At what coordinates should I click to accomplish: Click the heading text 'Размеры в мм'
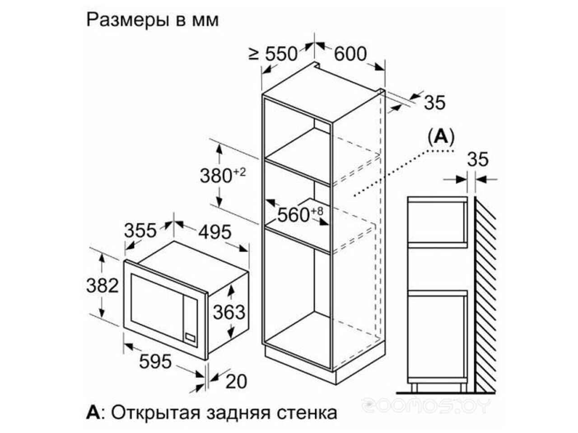(153, 20)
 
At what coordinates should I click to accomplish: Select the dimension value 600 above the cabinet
(350, 54)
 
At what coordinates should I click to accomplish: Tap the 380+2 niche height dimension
(223, 175)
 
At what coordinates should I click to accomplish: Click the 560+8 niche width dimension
(300, 214)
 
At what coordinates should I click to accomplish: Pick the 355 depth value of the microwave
(140, 230)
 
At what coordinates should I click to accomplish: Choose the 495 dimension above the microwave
(215, 232)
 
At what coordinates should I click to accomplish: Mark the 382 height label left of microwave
(103, 286)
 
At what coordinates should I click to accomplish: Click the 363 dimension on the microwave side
(229, 312)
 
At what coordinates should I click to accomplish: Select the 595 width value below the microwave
(155, 361)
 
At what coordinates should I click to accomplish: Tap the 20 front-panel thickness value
(236, 382)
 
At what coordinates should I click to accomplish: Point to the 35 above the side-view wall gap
(478, 159)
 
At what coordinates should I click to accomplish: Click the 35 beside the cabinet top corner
(435, 102)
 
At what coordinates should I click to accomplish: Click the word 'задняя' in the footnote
(238, 413)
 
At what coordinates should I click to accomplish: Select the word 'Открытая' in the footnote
(156, 412)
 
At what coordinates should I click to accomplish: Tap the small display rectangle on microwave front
(190, 337)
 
